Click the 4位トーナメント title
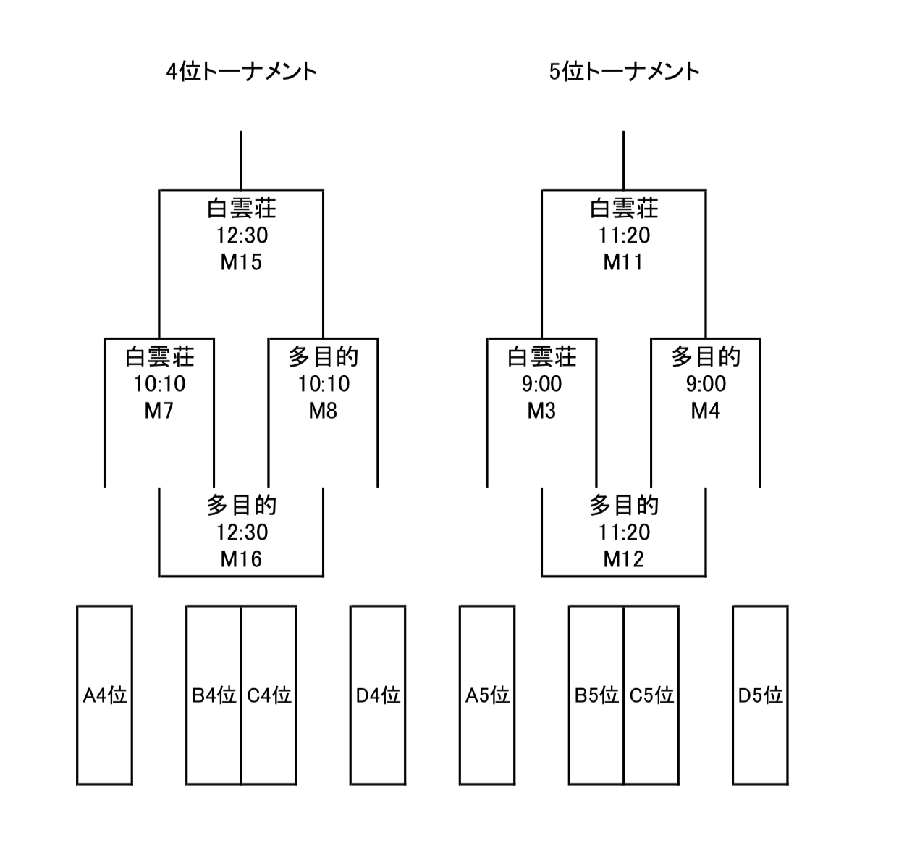tap(242, 72)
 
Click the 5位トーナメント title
tap(624, 72)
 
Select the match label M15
tap(241, 262)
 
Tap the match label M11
tap(623, 262)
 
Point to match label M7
tap(159, 411)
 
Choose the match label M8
tap(323, 411)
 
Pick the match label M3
tap(541, 411)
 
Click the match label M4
tap(705, 411)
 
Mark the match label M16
tap(241, 559)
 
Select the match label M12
tap(623, 559)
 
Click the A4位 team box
tap(105, 695)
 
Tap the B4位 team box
tap(214, 695)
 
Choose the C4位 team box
tap(269, 695)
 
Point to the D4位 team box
tap(378, 695)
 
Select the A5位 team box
tap(487, 695)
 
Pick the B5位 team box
tap(596, 695)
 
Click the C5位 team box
tap(651, 695)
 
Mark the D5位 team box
tap(760, 695)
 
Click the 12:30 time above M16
tap(241, 532)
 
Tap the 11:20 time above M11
tap(623, 235)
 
